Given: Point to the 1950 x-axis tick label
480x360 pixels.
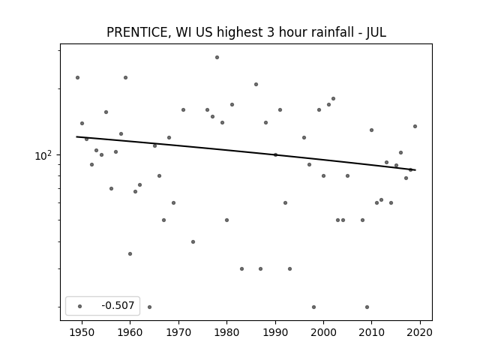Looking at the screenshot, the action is tap(82, 332).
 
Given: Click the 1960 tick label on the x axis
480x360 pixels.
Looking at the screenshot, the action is tap(130, 332).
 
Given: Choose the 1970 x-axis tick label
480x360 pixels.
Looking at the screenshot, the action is tap(178, 332).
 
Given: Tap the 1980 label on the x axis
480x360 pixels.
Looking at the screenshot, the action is tap(226, 332).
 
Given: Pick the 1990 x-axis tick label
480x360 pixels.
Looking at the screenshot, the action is tap(275, 332).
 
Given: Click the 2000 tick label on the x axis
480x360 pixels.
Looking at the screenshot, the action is tap(323, 332).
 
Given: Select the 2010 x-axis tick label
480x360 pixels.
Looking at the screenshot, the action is tap(372, 332).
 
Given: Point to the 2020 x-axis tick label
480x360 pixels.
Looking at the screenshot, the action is tap(420, 332).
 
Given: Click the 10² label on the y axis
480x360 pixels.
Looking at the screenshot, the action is tap(43, 155).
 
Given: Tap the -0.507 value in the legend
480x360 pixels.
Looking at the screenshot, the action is tap(118, 305).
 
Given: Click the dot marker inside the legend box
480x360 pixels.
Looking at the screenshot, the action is tap(80, 306).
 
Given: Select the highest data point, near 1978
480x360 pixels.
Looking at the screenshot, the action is tap(217, 57).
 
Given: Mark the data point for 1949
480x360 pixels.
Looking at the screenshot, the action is tap(77, 77).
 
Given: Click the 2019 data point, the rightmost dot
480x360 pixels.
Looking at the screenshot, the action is tap(415, 126).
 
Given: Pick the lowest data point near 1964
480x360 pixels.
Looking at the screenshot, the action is tap(149, 307).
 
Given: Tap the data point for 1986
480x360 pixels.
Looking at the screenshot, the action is tap(256, 84).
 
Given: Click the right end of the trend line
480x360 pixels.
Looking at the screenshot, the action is tap(415, 170).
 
